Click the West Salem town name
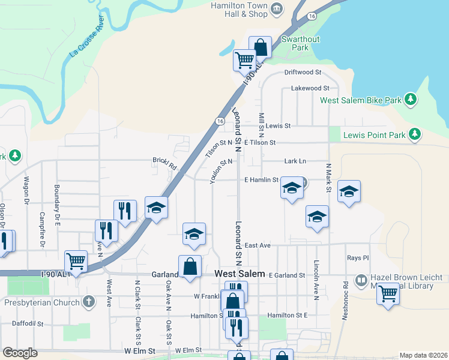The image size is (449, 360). [x=240, y=274]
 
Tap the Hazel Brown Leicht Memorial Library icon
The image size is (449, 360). [x=361, y=280]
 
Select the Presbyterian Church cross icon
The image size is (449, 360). [x=89, y=302]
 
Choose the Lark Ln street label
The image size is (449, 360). [x=295, y=161]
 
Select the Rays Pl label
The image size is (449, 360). [x=357, y=258]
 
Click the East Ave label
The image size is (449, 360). [x=258, y=246]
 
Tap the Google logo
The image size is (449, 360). [x=20, y=353]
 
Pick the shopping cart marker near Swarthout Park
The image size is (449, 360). [x=245, y=60]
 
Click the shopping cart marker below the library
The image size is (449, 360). [x=388, y=294]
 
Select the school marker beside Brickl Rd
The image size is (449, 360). [x=157, y=208]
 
